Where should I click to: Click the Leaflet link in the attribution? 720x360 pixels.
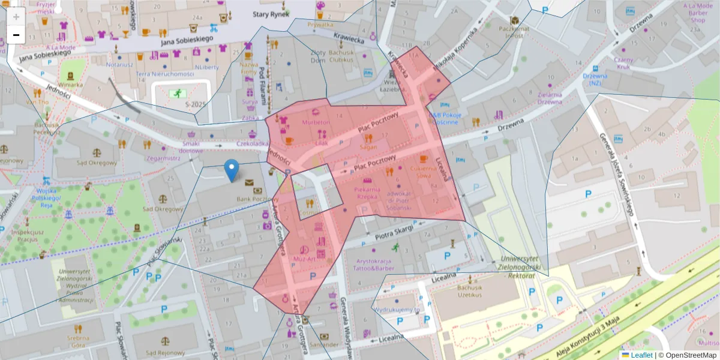tap(641, 355)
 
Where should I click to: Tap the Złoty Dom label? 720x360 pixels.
tap(318, 56)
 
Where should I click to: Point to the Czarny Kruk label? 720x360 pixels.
tap(623, 64)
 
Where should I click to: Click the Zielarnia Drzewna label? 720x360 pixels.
tap(550, 98)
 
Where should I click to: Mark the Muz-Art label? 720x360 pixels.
tap(305, 259)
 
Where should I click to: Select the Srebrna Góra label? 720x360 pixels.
tap(78, 342)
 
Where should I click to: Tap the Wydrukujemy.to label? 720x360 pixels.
tap(396, 310)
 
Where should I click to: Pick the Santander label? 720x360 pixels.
tap(325, 345)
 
